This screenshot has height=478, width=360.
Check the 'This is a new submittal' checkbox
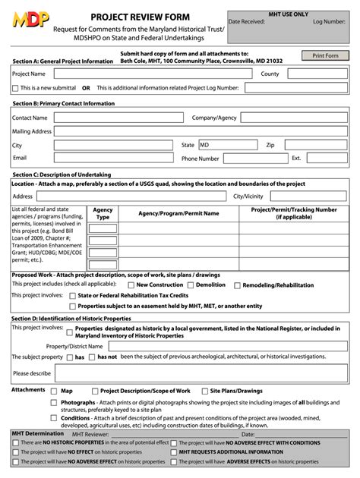pos(16,88)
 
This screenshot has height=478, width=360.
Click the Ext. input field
pos(327,159)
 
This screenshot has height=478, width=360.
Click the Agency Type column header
pos(103,213)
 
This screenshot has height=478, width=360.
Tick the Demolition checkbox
pos(192,285)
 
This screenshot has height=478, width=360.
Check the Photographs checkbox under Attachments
pos(54,402)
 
